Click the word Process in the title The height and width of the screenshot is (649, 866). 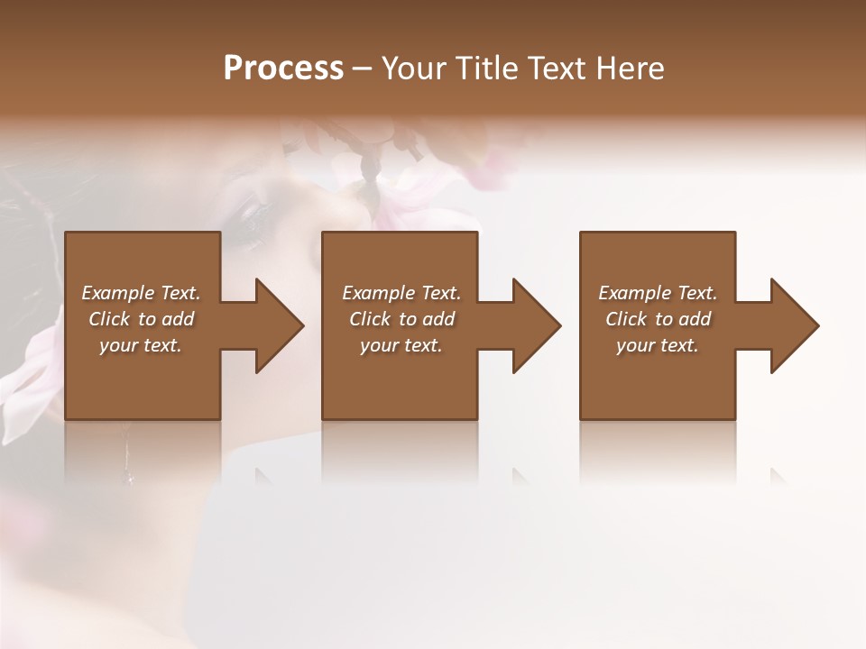click(283, 69)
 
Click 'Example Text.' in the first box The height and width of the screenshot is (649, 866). click(141, 293)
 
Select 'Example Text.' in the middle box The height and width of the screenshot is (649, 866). click(401, 293)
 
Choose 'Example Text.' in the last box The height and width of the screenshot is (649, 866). click(658, 293)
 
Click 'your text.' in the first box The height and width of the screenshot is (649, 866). click(141, 345)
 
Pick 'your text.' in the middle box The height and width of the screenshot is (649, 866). click(401, 345)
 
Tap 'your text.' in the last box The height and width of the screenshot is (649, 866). click(658, 345)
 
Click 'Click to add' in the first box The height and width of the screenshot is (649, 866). click(141, 319)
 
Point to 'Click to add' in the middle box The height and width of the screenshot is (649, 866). click(401, 319)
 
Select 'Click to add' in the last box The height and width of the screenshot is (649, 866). click(658, 319)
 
